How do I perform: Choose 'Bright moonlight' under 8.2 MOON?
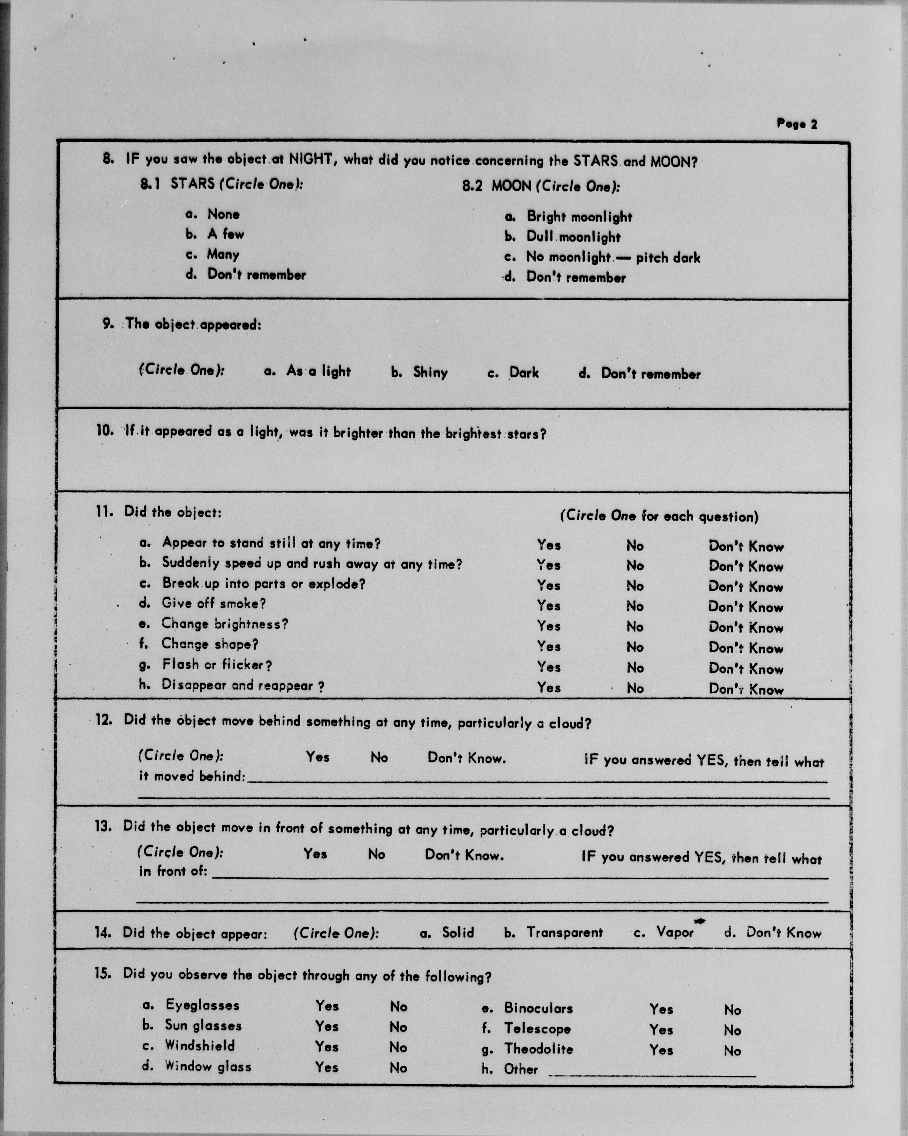pos(579,217)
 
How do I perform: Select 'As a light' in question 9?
pos(318,371)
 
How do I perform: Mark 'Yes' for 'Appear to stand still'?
pos(549,544)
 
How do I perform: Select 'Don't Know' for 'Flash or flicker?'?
pos(746,669)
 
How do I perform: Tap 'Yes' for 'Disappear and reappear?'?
pos(549,688)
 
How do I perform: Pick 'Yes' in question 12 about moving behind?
pos(318,757)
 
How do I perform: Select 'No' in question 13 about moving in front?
pos(376,854)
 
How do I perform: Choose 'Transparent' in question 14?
pos(564,933)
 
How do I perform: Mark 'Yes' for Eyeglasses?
pos(327,1006)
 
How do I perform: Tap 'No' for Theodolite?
pos(732,1051)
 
